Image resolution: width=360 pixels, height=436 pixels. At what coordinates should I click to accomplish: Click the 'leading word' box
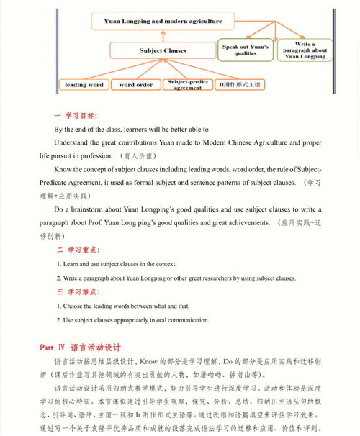coord(84,85)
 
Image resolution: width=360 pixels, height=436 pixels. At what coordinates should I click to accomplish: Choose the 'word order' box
coord(135,85)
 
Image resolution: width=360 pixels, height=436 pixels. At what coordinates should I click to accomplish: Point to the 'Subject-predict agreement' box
coord(188,85)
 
